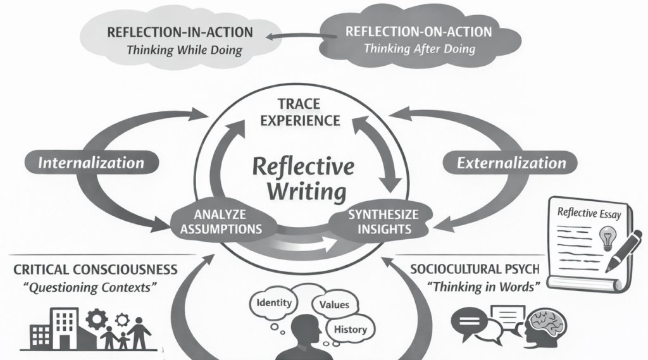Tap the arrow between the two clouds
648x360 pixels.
tap(295, 37)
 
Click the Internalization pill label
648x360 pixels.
tap(91, 163)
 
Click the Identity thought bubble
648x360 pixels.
tap(274, 303)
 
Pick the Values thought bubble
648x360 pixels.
tap(334, 305)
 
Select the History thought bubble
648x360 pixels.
tap(351, 329)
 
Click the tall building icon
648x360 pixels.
tap(66, 328)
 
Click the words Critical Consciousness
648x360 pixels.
tap(95, 270)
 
